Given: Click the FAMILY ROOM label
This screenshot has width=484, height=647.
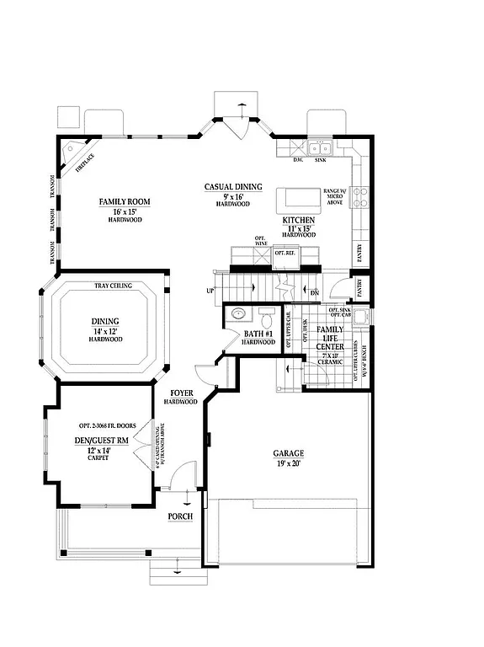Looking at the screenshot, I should coord(124,201).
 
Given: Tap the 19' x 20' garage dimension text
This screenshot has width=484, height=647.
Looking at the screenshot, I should coord(288,464).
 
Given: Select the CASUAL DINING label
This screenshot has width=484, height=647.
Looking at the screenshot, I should coord(233,187).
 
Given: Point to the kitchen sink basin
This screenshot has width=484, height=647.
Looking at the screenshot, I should coord(320,149).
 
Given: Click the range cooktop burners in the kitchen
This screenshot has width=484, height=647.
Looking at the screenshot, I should coord(360,197).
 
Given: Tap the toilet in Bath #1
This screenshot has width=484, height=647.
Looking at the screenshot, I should coord(266,318).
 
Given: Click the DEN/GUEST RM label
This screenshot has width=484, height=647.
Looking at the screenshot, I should coord(94,440).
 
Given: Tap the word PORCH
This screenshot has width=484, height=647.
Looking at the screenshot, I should coord(180,516).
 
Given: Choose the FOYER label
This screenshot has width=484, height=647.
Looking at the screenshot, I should coord(183,393).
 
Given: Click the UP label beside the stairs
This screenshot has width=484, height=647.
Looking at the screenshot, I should coord(210,291).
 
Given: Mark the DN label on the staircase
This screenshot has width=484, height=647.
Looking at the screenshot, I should coord(314,292).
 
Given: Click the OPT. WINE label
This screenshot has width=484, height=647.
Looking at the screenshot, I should coord(260,242).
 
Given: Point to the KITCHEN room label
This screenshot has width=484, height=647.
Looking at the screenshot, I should coord(298,219).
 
